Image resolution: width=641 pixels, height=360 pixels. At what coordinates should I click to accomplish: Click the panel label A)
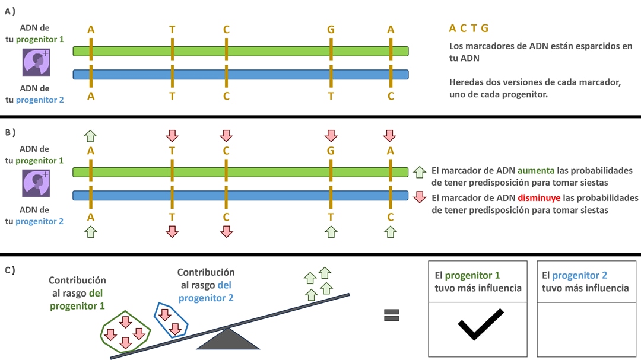point(9,10)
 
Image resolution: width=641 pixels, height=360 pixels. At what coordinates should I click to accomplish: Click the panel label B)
point(9,132)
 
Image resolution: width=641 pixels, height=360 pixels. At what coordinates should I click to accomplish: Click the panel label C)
point(9,270)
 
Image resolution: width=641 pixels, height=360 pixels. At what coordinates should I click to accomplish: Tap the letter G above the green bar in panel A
point(331,30)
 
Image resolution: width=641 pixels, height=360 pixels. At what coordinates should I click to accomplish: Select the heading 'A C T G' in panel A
point(469,28)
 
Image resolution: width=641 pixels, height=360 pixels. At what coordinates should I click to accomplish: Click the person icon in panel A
point(35,62)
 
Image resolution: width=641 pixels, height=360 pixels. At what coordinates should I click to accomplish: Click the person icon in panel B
point(35,183)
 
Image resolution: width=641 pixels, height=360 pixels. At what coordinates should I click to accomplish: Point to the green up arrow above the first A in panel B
point(90,135)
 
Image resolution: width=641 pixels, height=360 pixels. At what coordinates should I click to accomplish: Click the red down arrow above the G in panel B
point(331,135)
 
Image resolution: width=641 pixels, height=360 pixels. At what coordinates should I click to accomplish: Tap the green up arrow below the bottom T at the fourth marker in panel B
point(331,232)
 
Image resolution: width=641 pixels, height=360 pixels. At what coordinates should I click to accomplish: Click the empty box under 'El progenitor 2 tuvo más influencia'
point(585,329)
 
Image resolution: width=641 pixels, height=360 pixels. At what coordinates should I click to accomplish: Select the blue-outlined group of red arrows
point(172,320)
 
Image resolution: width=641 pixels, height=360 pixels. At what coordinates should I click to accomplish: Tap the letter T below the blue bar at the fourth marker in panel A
point(331,96)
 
